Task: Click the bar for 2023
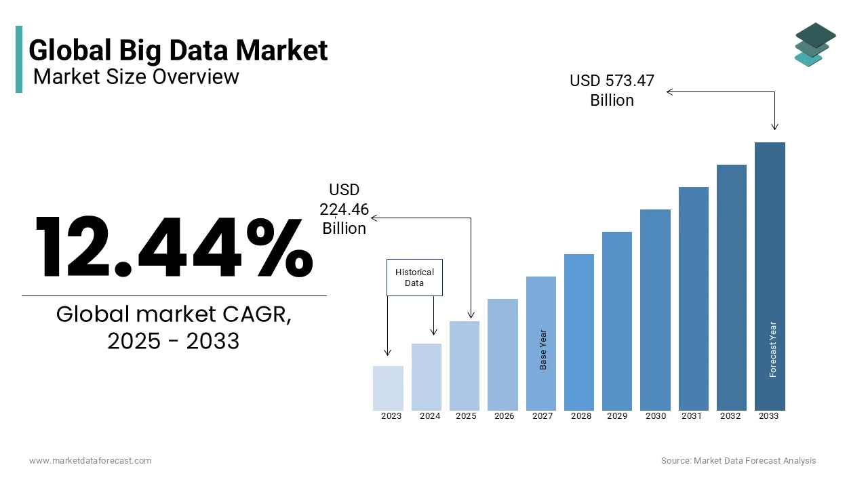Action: click(388, 388)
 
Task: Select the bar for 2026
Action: click(502, 354)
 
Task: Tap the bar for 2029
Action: click(617, 321)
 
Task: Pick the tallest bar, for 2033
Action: click(770, 277)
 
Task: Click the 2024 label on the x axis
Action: click(430, 416)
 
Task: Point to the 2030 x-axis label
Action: click(655, 416)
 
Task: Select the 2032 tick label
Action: click(731, 416)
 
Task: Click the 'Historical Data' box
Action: click(414, 277)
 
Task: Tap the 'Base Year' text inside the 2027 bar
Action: click(543, 350)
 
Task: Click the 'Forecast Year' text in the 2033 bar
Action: click(773, 349)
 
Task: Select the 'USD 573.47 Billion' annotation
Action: click(612, 91)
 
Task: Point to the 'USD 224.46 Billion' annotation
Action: click(344, 209)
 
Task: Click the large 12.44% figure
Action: click(174, 248)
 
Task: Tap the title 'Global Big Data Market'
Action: click(178, 51)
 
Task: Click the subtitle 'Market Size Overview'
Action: click(136, 77)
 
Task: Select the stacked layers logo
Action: click(815, 45)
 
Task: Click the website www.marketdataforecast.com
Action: click(90, 461)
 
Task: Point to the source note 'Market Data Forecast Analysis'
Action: click(738, 461)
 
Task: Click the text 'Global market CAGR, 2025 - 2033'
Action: click(174, 327)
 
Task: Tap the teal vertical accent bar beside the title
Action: click(19, 59)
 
